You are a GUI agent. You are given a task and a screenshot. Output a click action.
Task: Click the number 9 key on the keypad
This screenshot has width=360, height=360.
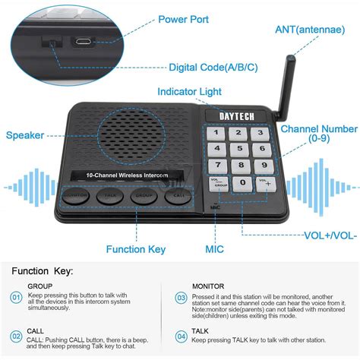coord(262,165)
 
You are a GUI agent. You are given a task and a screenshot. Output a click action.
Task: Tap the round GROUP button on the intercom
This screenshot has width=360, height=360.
coord(144,195)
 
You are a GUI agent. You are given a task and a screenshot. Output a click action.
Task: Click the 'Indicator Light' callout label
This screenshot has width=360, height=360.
coord(188,92)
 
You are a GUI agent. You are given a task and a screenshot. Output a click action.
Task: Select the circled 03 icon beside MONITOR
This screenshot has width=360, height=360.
coord(181,297)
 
